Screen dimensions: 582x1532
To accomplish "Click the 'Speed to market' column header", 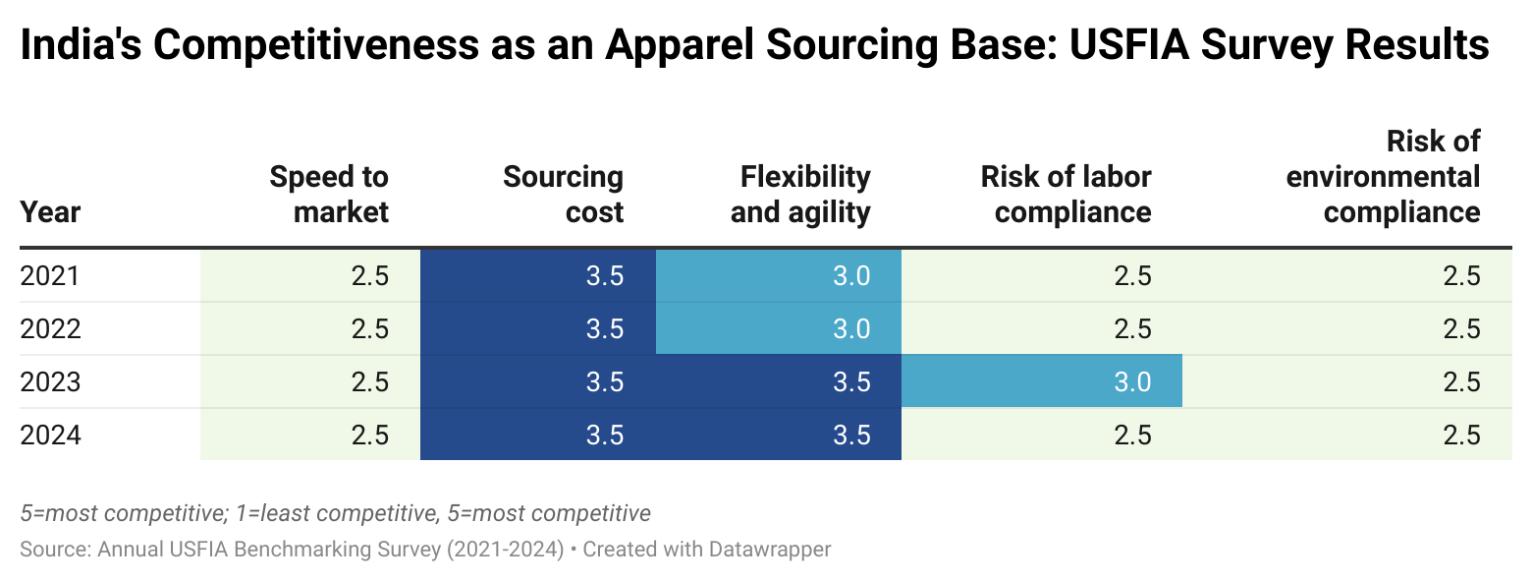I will (x=329, y=194).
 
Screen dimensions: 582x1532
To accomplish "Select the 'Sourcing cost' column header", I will (x=563, y=194).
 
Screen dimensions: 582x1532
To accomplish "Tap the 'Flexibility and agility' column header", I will (x=800, y=194).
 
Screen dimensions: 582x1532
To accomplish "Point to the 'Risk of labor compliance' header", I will (x=1066, y=194).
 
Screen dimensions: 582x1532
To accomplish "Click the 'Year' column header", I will (x=50, y=211).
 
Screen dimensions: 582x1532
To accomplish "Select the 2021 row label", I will (x=49, y=276).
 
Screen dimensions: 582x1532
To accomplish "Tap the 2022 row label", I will (x=49, y=328).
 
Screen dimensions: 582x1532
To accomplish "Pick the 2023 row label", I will (x=49, y=381).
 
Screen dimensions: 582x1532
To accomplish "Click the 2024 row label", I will (x=49, y=435).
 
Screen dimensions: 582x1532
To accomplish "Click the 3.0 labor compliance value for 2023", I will (x=1132, y=381).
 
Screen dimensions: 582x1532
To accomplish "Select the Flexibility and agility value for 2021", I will (x=850, y=276).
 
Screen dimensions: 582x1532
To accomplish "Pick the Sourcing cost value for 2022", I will (x=605, y=328).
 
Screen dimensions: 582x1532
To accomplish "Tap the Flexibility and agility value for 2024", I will (x=850, y=435).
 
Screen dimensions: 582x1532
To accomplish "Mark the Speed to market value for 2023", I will (x=370, y=381).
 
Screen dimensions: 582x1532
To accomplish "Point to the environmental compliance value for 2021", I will (x=1461, y=276).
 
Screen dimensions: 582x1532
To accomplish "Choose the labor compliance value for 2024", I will (x=1132, y=435).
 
